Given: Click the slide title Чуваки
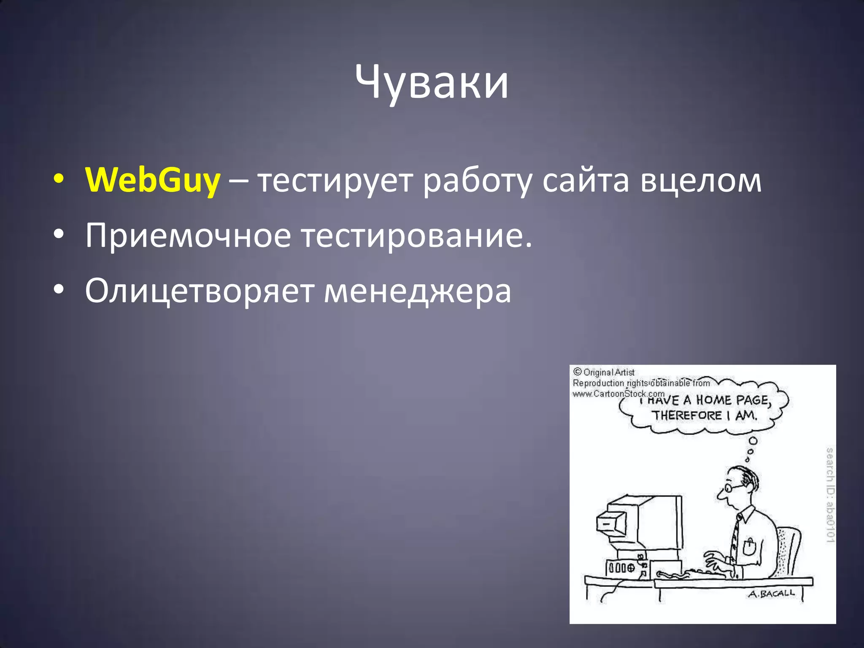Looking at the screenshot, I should click(x=432, y=82).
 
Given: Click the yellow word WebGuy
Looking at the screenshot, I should click(x=152, y=180).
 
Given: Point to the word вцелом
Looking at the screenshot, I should click(x=701, y=181).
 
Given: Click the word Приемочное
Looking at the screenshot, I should click(x=188, y=235).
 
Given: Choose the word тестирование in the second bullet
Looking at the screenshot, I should click(x=416, y=235).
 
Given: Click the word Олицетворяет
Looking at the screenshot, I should click(x=199, y=291).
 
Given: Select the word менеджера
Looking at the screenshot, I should click(x=417, y=291).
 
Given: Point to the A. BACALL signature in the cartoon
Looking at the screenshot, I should click(x=772, y=594).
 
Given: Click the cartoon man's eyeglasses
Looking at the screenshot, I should click(x=732, y=488).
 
